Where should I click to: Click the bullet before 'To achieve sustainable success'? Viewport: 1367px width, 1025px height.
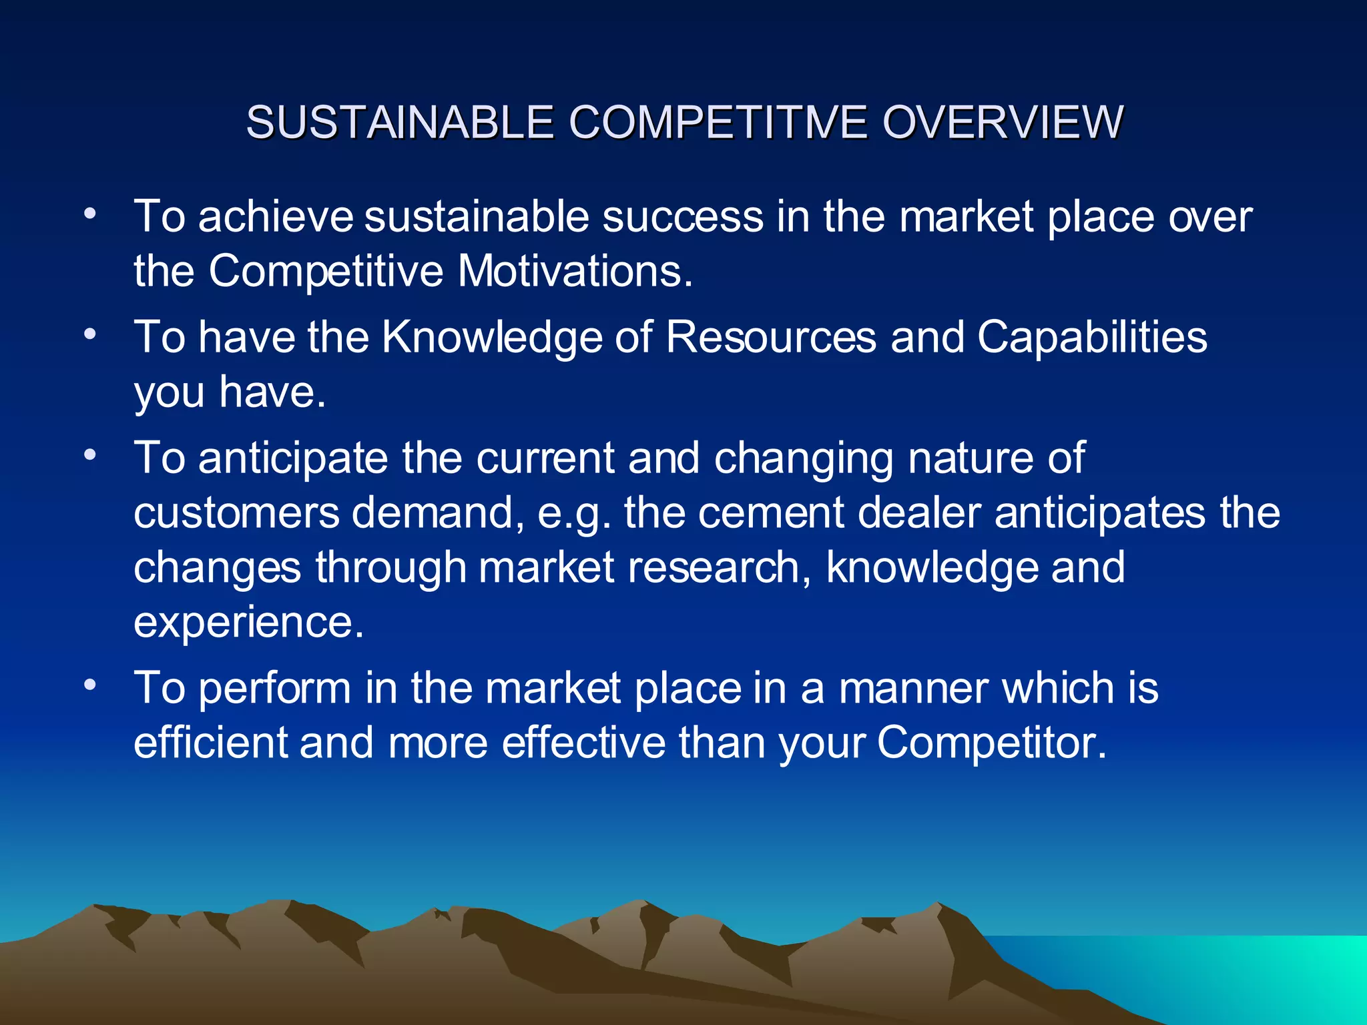pos(91,214)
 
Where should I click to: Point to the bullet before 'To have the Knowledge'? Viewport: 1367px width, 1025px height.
pos(91,334)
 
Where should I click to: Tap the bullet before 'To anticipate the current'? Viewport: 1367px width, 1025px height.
pos(91,456)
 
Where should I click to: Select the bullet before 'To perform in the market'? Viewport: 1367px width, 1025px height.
pos(91,685)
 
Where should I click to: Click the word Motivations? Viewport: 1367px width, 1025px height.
pos(575,272)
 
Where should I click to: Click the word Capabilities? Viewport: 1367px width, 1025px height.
pos(1092,336)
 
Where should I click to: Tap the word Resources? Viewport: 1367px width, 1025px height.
pos(770,336)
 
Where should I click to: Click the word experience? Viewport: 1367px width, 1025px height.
pos(248,623)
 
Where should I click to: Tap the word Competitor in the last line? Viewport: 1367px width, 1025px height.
pos(991,743)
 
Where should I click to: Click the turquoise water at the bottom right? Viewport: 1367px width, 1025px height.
pos(1235,974)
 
